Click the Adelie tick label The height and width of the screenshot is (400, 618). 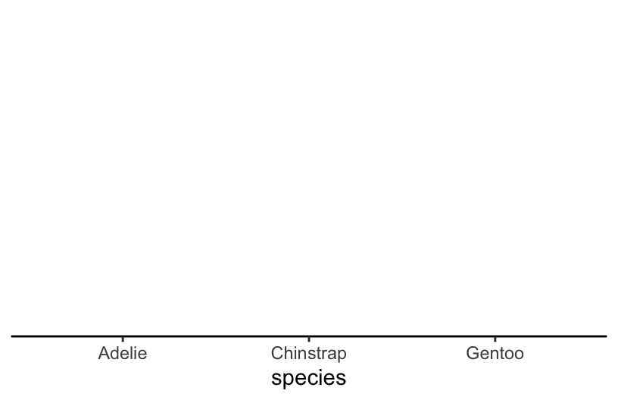click(x=123, y=353)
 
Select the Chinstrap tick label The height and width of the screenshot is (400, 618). click(x=308, y=353)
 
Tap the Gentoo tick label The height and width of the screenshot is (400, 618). click(x=495, y=353)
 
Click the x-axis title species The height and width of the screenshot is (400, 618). click(x=308, y=377)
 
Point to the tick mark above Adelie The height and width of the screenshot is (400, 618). click(x=123, y=339)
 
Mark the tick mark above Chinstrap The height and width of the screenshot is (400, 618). click(x=308, y=339)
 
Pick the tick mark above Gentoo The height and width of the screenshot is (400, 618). click(x=495, y=339)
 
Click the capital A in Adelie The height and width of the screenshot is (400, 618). click(x=104, y=353)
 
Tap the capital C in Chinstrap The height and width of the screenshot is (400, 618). click(x=276, y=353)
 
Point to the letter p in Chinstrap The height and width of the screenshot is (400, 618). click(x=342, y=355)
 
